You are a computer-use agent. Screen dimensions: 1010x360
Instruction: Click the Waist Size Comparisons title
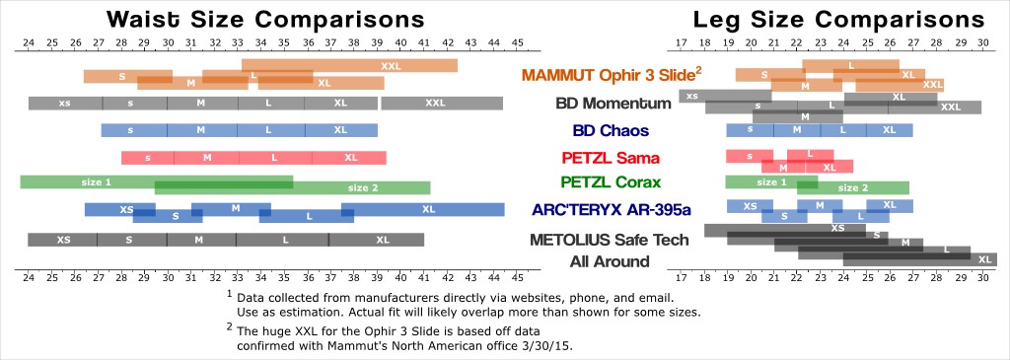265,19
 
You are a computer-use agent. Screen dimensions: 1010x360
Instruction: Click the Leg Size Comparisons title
838,20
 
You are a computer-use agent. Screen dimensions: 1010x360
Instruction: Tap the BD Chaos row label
611,131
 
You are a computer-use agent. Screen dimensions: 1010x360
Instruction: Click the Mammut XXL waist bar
350,66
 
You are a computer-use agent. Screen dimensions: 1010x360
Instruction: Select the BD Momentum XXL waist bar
442,103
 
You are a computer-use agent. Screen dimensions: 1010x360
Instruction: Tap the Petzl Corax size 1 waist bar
157,181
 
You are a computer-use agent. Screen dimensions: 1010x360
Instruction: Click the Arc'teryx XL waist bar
423,209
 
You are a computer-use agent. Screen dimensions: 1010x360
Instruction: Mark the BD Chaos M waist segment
201,130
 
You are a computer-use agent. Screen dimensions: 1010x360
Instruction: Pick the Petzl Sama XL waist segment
350,157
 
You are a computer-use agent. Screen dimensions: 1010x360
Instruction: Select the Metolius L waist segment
283,240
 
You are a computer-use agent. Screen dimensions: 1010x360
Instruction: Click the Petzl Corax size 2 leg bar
853,188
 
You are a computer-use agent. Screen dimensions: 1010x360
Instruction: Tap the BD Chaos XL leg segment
890,130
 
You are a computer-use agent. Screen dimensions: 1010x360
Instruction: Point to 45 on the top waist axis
518,43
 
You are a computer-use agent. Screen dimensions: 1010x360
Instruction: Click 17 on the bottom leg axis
682,279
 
